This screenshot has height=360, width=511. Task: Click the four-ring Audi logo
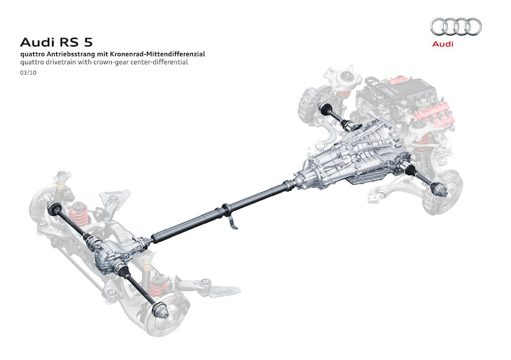pyautogui.click(x=455, y=27)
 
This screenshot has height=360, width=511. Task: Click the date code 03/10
pyautogui.click(x=27, y=74)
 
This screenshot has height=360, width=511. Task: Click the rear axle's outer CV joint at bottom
pyautogui.click(x=163, y=311)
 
